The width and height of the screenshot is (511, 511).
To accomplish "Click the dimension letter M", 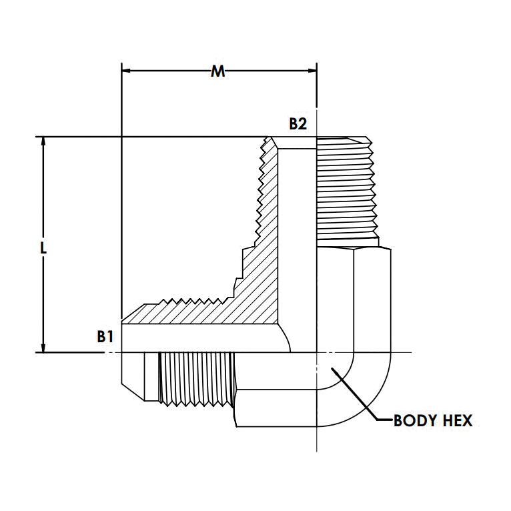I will (x=217, y=71).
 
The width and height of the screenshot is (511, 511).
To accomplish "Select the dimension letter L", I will (x=43, y=247).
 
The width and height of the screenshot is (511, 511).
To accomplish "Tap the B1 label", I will (x=104, y=336).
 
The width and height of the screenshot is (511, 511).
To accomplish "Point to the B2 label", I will (x=298, y=123).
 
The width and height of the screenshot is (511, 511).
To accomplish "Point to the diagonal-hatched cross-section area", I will (x=260, y=280).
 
